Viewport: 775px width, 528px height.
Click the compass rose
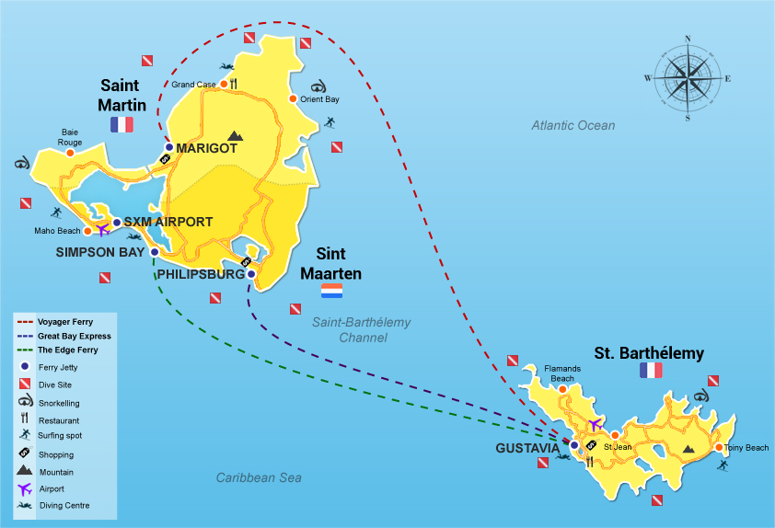point(688,78)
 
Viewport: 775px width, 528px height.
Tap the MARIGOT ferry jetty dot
point(169,147)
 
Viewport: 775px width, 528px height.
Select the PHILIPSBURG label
point(201,274)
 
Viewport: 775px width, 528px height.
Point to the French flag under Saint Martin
point(121,124)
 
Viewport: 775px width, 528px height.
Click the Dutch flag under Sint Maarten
point(331,291)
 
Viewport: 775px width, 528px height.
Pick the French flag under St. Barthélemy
point(651,370)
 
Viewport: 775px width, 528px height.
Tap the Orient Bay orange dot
point(293,99)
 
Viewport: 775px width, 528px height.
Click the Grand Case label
point(193,85)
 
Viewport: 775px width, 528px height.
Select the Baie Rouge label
point(71,137)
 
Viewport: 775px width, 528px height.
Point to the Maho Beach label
point(57,231)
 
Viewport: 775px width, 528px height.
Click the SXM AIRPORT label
point(168,222)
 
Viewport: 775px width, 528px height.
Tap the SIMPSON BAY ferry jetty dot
point(155,251)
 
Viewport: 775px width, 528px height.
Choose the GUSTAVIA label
point(527,448)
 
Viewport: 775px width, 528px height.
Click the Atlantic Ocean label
point(573,125)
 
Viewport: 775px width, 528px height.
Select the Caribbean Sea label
point(259,477)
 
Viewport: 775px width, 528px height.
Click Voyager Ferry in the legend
point(66,323)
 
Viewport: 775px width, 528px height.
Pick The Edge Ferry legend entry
point(67,350)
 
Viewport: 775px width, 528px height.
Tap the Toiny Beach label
point(746,448)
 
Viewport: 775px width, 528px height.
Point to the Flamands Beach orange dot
point(562,389)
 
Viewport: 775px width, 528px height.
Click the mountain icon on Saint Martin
point(235,135)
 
